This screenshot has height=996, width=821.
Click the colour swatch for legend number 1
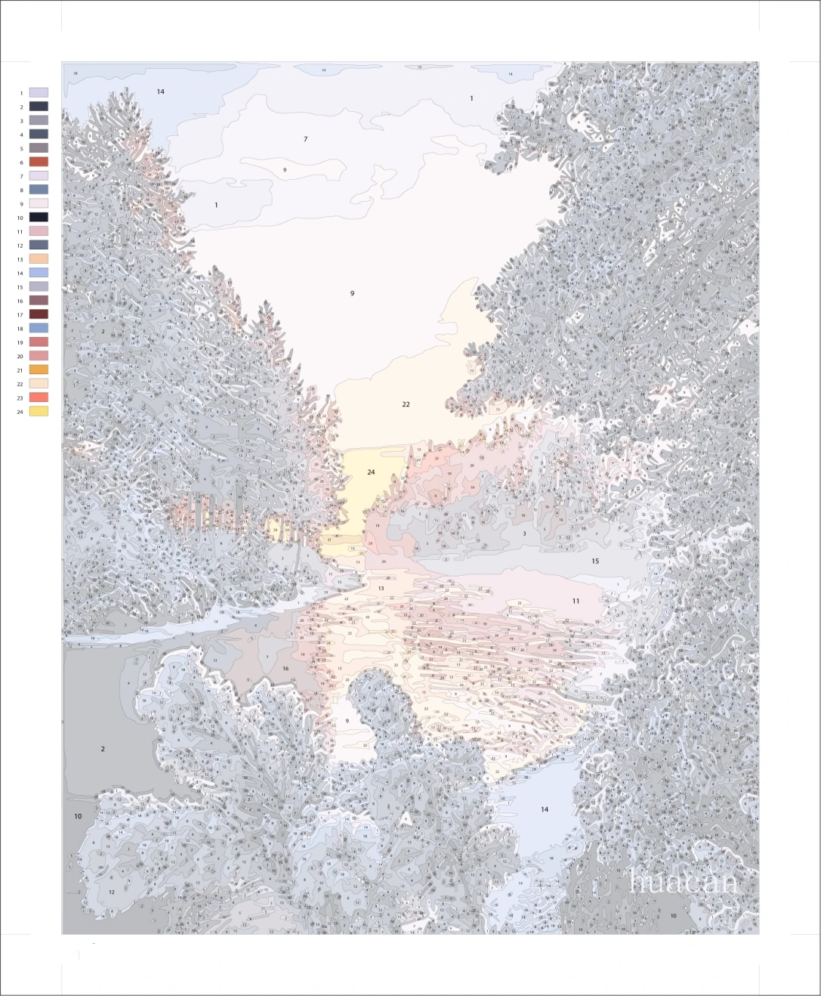pos(39,92)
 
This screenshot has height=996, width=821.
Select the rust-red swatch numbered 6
pos(39,162)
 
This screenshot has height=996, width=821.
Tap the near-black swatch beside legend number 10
pos(39,217)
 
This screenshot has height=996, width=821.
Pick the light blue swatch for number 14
pos(39,273)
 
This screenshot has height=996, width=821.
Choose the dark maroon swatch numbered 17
pos(39,314)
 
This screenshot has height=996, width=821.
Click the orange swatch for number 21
pos(39,370)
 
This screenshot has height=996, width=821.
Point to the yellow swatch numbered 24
pos(39,411)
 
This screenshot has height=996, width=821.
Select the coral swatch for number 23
pos(39,397)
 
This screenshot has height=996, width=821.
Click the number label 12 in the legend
pos(20,246)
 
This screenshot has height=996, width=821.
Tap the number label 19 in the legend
pos(20,342)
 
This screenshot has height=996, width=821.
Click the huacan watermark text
pos(683,881)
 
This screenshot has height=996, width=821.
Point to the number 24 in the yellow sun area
pos(371,472)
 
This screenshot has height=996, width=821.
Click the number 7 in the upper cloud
pos(305,139)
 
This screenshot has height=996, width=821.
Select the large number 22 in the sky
pos(406,405)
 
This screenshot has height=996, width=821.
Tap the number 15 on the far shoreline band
pos(595,561)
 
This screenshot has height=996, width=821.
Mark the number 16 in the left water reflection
pos(285,669)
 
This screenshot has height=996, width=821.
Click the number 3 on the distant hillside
pos(524,534)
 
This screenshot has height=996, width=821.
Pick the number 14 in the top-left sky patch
pos(160,91)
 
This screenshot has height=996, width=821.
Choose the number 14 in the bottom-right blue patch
pos(545,809)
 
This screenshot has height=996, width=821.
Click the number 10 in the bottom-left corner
pos(78,816)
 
